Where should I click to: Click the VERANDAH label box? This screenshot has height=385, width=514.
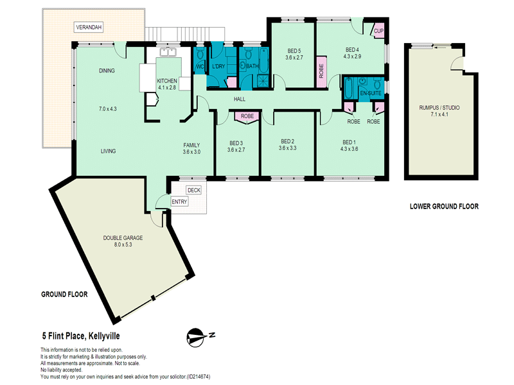pos(89,27)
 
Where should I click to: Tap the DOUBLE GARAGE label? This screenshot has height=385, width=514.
pos(123,237)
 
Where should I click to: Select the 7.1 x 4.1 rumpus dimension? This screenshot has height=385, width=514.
pos(439,114)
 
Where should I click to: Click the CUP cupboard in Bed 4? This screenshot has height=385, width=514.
pos(378,31)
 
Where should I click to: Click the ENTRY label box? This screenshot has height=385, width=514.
pos(179,201)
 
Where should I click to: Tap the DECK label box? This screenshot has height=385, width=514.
pos(194,190)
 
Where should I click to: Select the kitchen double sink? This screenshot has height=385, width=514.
pos(168,52)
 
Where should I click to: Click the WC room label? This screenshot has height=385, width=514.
pos(200,67)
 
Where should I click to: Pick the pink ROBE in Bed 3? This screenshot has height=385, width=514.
pos(247,117)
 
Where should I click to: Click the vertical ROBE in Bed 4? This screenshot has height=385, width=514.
pos(321,71)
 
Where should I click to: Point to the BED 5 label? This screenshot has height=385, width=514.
pos(294,51)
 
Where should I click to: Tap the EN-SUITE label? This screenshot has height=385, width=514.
pos(371,93)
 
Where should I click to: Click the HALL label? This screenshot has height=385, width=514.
pos(240,99)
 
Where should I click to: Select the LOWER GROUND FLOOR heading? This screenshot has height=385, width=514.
pos(444,206)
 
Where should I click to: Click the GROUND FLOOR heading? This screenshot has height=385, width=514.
pos(64,295)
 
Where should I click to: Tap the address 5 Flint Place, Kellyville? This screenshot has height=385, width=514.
pos(81,336)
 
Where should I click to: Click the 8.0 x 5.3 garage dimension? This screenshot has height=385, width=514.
pos(123,244)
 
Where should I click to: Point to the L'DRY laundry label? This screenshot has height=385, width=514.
pos(218,67)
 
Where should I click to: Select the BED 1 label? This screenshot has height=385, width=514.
pos(349,142)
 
